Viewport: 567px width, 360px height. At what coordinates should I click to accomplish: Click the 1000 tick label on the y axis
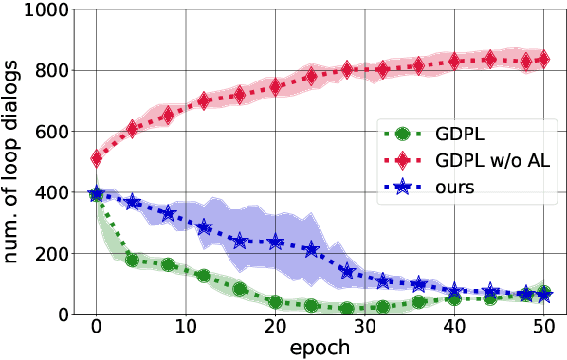click(41, 10)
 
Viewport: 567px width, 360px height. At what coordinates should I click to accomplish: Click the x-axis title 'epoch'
click(320, 347)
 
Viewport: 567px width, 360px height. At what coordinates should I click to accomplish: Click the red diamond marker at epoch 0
click(96, 158)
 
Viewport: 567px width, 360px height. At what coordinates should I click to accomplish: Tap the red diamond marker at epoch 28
click(347, 70)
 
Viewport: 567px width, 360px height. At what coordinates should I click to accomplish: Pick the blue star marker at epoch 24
click(311, 250)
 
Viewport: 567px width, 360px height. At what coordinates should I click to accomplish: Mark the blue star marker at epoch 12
click(204, 228)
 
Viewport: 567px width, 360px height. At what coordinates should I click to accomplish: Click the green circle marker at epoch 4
click(132, 260)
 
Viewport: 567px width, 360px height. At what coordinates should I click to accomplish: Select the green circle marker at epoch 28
click(347, 308)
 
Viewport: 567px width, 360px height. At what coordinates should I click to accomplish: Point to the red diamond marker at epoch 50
click(544, 60)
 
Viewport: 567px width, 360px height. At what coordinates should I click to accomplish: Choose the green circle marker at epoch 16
click(240, 289)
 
